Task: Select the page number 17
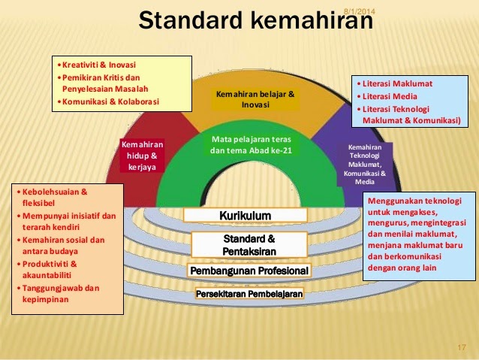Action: coord(462,346)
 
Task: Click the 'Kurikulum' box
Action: coord(245,216)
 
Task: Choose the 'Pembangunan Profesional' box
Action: coord(249,270)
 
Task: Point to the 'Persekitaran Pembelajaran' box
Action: coord(249,294)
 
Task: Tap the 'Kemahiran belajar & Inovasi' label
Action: coord(255,99)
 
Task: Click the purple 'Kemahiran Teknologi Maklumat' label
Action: coord(364,164)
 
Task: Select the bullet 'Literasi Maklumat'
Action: coord(398,83)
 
